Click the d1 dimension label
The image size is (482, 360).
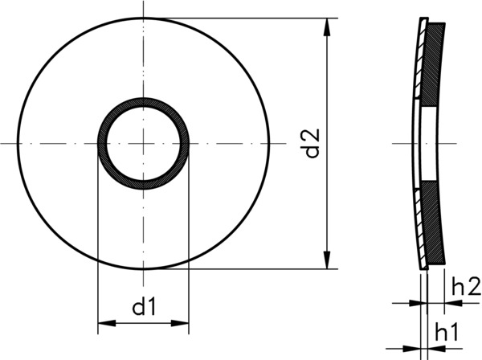tap(143, 306)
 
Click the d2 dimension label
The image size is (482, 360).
tap(313, 142)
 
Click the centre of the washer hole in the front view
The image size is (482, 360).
tap(143, 143)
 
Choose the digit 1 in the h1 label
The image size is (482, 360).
tap(455, 330)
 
